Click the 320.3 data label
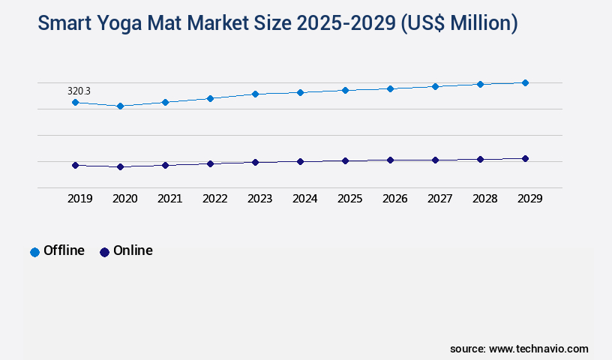79,91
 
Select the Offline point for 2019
75,102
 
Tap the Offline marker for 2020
120,106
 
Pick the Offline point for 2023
255,94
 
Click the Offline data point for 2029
525,82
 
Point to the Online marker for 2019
75,165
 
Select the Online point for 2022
210,163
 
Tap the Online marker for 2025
345,160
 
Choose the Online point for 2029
525,158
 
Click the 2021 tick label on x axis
169,199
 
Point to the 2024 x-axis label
304,199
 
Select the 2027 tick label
439,199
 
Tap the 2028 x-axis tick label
484,199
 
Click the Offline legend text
64,250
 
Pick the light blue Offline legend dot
34,252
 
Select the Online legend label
133,250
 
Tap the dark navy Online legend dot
104,252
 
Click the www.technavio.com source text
538,349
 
